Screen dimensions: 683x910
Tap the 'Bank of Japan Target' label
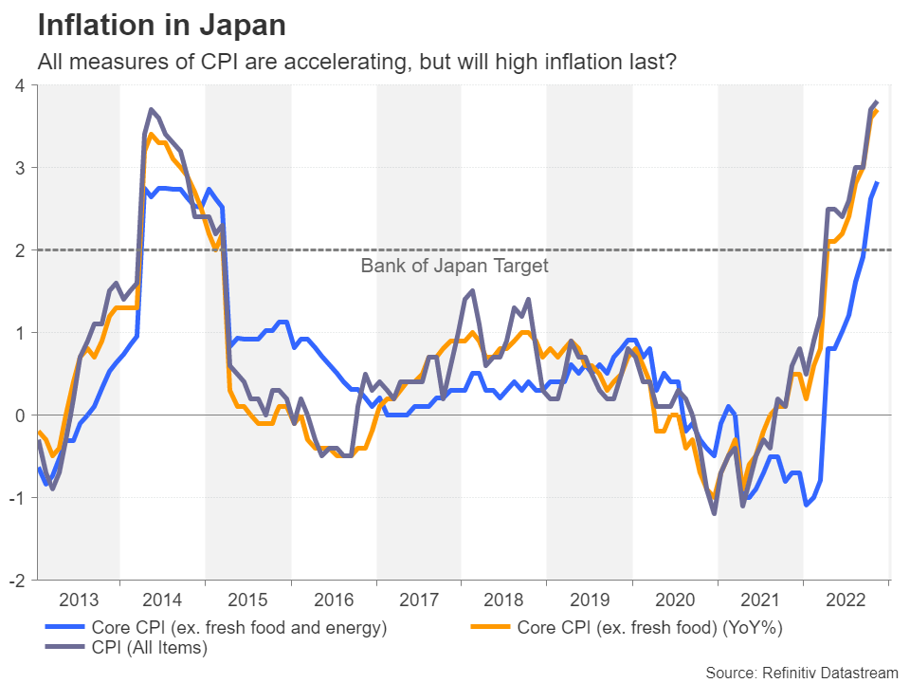click(x=454, y=267)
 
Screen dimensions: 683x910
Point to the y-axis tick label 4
click(x=19, y=86)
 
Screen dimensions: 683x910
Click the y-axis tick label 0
click(x=19, y=415)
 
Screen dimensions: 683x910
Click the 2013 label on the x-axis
click(x=78, y=600)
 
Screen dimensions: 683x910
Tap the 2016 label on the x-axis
click(x=334, y=600)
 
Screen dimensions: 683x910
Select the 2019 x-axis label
click(x=590, y=600)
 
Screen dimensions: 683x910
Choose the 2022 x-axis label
click(x=846, y=600)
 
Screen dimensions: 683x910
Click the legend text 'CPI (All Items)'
click(x=149, y=648)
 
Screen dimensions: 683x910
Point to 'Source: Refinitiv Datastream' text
click(x=801, y=673)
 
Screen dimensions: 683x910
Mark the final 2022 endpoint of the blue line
click(x=877, y=182)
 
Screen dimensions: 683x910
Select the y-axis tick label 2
click(x=19, y=250)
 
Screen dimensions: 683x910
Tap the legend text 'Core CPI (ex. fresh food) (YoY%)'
click(x=649, y=627)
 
